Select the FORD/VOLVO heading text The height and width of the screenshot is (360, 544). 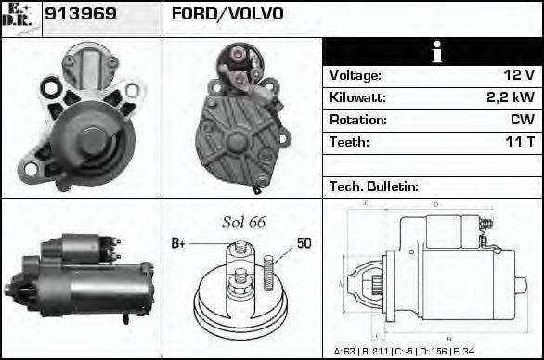pos(227,14)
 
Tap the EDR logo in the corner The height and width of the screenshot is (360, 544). pos(21,18)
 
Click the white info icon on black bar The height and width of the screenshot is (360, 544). pos(432,52)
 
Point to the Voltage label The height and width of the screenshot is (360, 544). pos(356,75)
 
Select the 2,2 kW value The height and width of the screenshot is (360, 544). pos(511,97)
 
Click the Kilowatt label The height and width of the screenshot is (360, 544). pos(357,97)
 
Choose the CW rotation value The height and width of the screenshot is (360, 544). pos(522,120)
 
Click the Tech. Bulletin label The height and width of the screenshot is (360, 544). pos(374,186)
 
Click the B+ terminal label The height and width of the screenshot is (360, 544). pos(179,243)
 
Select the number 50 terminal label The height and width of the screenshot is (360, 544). pos(304,243)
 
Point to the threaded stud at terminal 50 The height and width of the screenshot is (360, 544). pos(269,271)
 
